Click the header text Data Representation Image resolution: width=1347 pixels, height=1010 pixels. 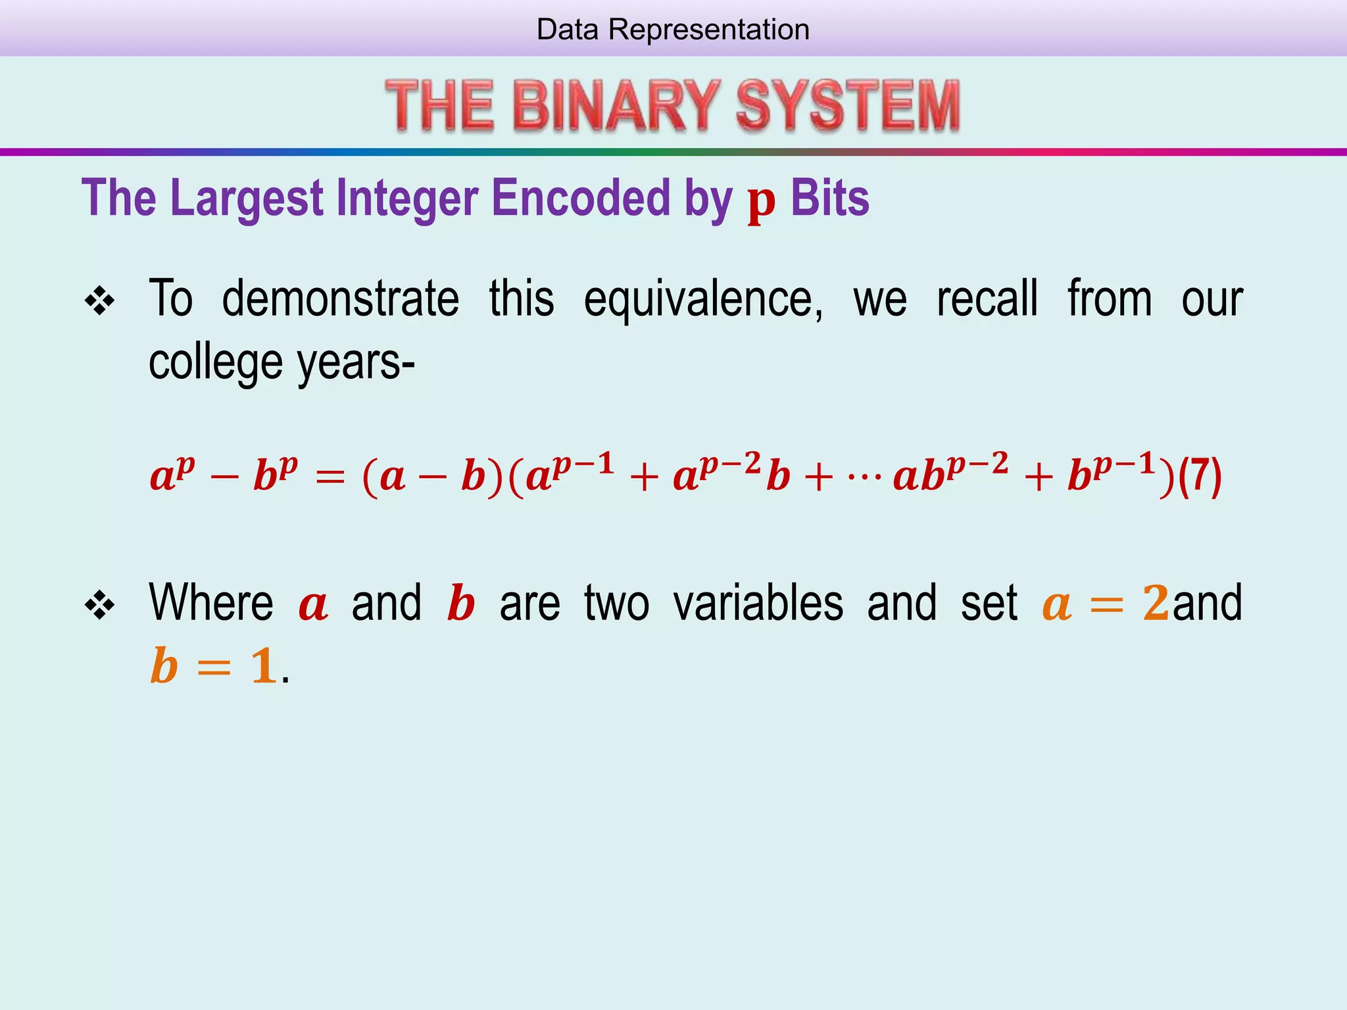[673, 30]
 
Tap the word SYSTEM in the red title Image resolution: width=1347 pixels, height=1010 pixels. [847, 105]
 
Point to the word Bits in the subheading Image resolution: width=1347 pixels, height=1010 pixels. [829, 199]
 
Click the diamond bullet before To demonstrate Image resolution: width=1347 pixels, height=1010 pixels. [100, 302]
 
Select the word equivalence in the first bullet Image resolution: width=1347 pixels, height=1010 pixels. [702, 299]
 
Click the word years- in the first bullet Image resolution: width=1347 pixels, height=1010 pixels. [356, 363]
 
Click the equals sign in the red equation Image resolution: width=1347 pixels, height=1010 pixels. [330, 477]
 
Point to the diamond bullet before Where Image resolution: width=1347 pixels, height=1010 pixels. [100, 605]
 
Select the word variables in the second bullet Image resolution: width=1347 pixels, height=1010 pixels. [758, 603]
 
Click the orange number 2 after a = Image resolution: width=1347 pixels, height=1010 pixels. [1156, 603]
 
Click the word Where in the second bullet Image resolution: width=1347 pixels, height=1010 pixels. [211, 603]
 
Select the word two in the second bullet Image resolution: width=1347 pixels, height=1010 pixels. [616, 603]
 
